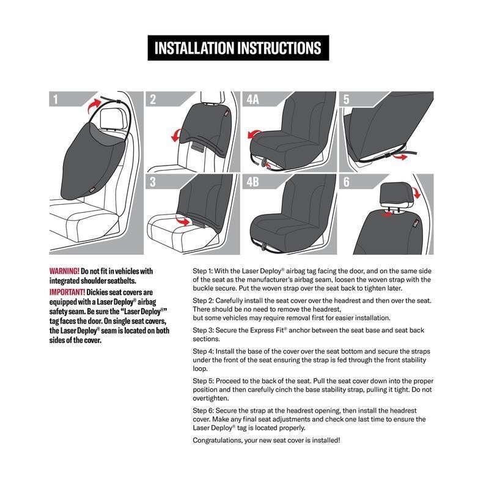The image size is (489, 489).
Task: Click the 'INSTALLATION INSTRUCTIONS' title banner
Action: tap(238, 48)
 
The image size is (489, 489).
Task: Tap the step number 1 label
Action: tap(56, 100)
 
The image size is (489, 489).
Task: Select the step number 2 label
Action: tap(153, 100)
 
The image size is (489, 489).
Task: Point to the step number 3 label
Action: tap(152, 182)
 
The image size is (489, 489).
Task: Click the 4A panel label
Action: tap(252, 100)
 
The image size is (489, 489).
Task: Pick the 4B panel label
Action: tap(252, 182)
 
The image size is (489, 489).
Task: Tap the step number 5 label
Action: tap(346, 100)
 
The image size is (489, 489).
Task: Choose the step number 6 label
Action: tap(346, 182)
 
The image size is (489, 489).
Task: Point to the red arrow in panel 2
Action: tap(175, 136)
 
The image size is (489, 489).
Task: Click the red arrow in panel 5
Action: tap(400, 156)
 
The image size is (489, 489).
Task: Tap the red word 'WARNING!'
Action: tap(64, 271)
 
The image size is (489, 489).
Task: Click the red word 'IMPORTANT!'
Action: tap(67, 292)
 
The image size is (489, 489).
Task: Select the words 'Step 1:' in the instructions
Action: tap(202, 271)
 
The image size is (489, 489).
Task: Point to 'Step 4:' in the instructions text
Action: tap(203, 351)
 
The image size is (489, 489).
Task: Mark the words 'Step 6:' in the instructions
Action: tap(203, 410)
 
